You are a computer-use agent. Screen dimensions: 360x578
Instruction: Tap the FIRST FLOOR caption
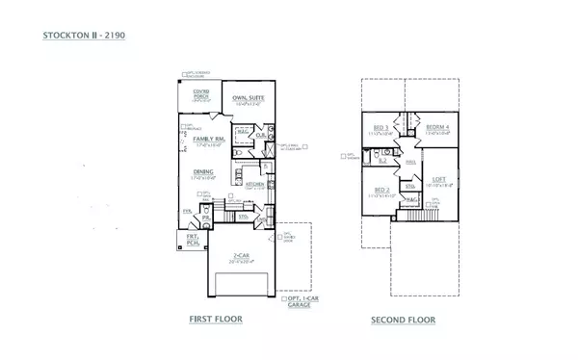pyautogui.click(x=216, y=319)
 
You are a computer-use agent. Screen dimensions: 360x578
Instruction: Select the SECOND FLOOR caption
pyautogui.click(x=403, y=320)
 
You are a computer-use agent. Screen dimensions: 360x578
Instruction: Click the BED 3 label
pyautogui.click(x=381, y=128)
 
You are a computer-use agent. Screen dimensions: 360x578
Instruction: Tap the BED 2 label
pyautogui.click(x=381, y=190)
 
